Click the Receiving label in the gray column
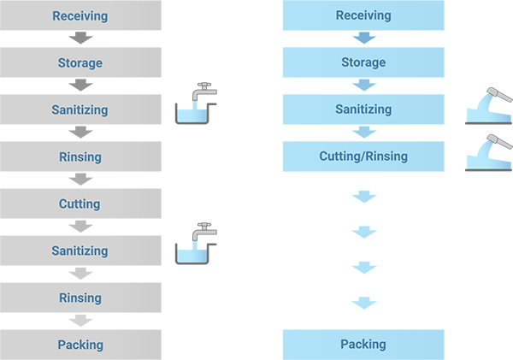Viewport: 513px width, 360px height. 80,16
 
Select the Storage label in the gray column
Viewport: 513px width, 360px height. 80,63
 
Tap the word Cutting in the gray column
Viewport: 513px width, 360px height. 80,204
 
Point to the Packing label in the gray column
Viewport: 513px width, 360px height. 80,345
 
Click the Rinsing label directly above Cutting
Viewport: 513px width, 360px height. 80,157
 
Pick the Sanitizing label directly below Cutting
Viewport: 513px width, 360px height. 80,251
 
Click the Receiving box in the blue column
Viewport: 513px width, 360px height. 363,15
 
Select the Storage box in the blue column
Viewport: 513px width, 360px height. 363,62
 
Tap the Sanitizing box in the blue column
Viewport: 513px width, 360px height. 363,109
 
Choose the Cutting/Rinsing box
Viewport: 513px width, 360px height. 363,156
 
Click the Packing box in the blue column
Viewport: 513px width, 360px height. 363,345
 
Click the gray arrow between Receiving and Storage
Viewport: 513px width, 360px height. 80,39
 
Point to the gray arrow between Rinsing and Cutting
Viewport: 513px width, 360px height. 80,180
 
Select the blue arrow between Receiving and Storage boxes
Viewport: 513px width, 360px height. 364,38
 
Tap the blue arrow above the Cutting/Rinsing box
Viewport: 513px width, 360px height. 364,133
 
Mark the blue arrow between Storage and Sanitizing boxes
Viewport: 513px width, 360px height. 364,86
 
